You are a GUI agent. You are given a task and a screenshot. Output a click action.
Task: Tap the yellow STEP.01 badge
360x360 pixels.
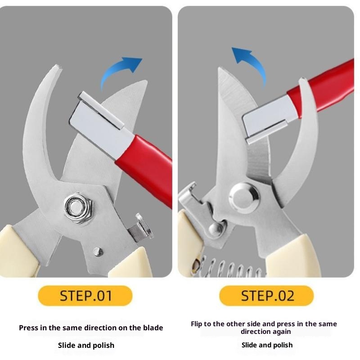(x=85, y=296)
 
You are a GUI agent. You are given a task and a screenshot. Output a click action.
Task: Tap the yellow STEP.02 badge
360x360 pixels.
(x=266, y=296)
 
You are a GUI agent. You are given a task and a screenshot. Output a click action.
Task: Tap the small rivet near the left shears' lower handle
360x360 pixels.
(x=99, y=252)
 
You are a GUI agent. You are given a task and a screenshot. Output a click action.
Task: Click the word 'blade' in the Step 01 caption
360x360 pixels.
(x=153, y=328)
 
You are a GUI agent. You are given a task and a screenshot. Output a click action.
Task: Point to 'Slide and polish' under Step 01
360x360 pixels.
(x=86, y=345)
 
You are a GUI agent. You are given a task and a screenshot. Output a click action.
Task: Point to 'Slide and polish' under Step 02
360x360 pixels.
(x=267, y=345)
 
